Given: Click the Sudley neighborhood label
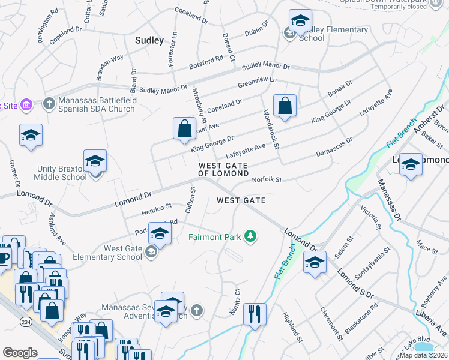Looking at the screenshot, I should click(149, 41).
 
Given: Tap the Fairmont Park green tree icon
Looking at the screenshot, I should click(250, 237).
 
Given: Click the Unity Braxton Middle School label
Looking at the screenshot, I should click(62, 173).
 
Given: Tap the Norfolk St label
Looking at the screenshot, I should click(267, 179).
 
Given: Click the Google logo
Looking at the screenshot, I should click(20, 353).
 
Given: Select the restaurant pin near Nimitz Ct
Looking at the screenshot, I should click(255, 314).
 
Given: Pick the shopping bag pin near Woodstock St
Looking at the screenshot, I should click(285, 106).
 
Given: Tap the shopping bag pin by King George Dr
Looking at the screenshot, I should click(184, 128).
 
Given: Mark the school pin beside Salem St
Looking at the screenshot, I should click(315, 263).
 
